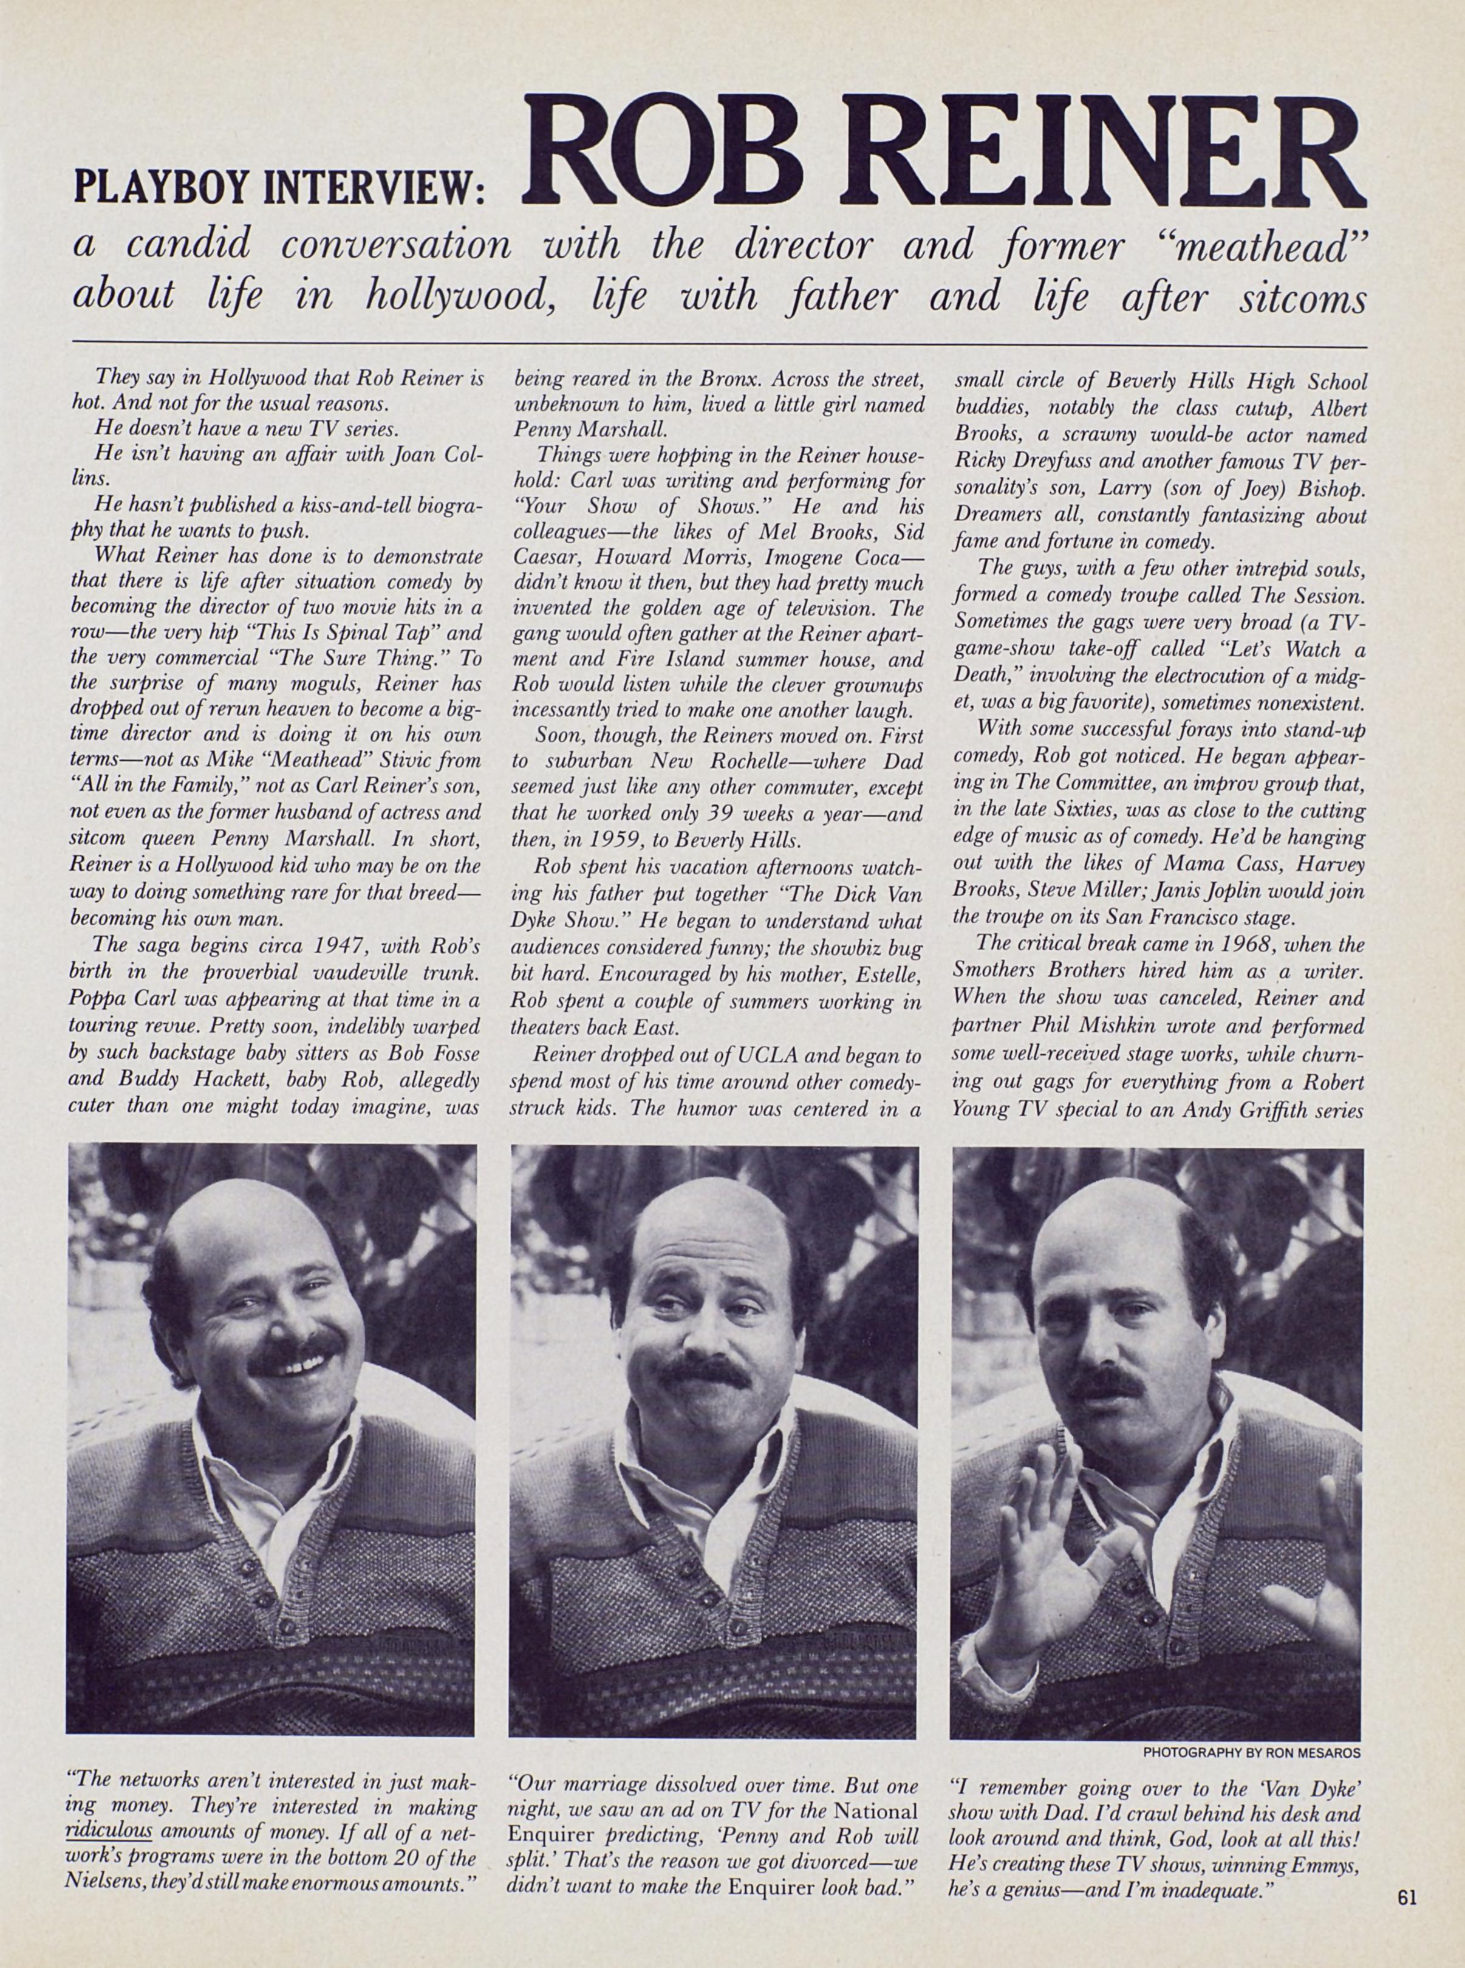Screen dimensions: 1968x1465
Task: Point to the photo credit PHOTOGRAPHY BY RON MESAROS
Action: tap(1251, 1754)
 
